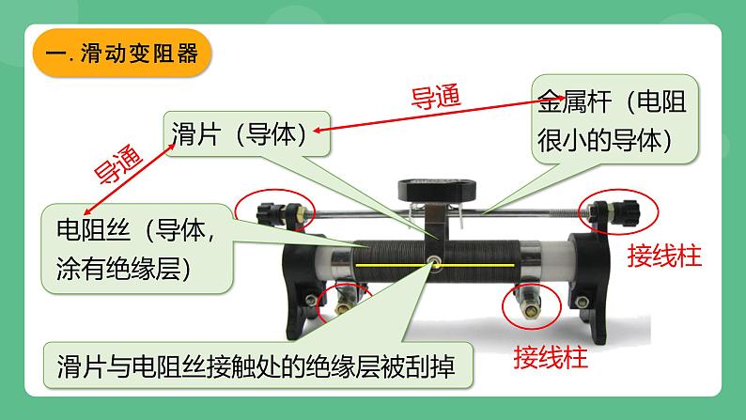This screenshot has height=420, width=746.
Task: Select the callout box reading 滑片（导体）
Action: (247, 135)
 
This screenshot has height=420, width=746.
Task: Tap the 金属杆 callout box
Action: (616, 121)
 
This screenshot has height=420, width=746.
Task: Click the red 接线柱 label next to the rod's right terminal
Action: (664, 256)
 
